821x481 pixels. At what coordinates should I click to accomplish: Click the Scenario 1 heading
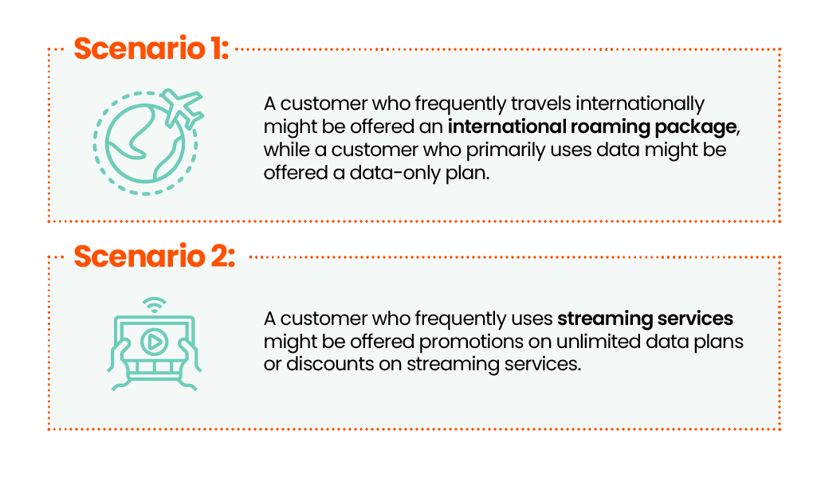151,49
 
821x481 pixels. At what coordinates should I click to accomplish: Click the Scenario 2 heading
155,256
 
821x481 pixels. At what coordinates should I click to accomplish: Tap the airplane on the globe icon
182,108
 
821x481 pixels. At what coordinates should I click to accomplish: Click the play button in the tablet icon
155,342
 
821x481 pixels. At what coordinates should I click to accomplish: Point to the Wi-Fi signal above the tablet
155,305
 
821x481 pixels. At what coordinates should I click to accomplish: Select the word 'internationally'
640,104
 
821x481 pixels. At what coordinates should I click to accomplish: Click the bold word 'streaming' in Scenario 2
605,319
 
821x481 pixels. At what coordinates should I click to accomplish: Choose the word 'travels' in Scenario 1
541,104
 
